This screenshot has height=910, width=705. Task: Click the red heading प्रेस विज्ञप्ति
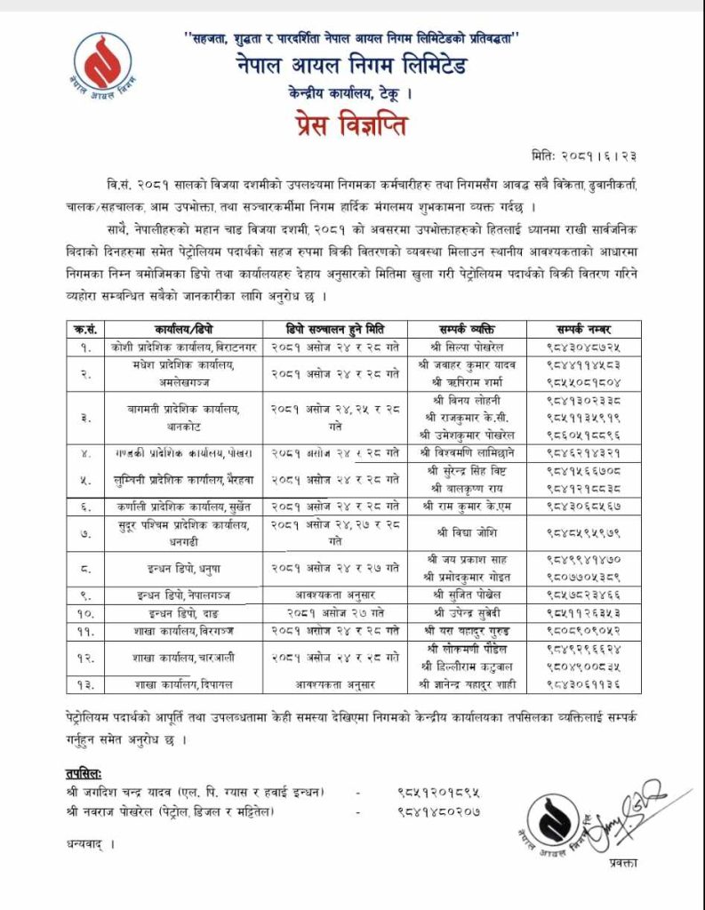click(x=351, y=126)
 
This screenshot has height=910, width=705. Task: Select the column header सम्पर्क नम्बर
click(x=581, y=328)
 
